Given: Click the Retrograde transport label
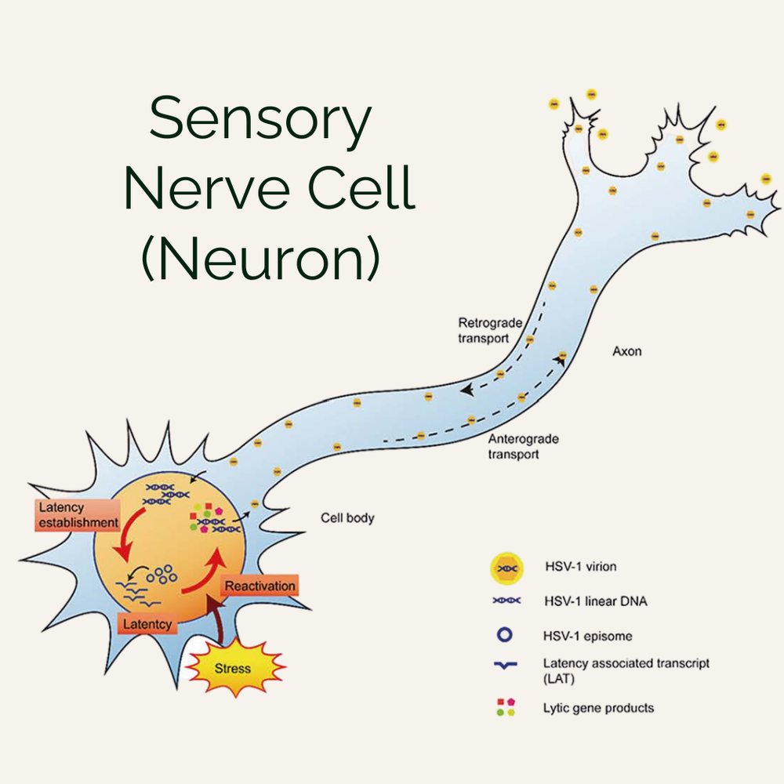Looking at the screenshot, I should click(x=484, y=330).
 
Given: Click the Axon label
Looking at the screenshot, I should click(x=626, y=351).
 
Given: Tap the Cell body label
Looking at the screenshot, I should click(x=348, y=518).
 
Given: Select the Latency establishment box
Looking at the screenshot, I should click(x=77, y=515).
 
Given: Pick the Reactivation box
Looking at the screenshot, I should click(x=260, y=586).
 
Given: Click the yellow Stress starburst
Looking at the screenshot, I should click(x=233, y=668).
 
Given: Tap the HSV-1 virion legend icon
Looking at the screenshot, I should click(x=506, y=568).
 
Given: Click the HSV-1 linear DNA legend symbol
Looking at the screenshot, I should click(x=506, y=601).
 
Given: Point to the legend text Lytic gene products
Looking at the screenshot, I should click(x=598, y=708).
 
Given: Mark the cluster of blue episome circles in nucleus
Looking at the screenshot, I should click(x=161, y=574).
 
